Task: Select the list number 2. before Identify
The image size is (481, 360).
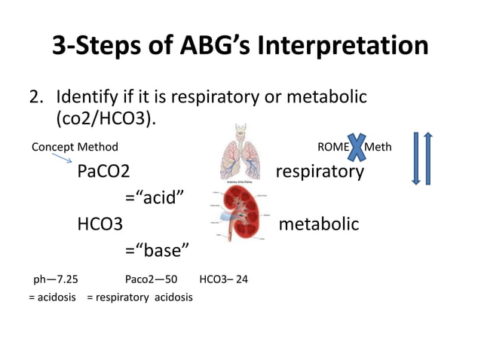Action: tap(37, 97)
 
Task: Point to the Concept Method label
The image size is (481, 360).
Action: tap(75, 147)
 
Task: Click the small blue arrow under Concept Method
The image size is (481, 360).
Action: tap(63, 157)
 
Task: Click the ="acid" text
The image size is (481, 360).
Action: tap(155, 198)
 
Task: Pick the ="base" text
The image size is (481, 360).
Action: tap(156, 250)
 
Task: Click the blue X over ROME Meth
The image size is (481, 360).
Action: tap(357, 145)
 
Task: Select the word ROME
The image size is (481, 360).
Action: tap(332, 147)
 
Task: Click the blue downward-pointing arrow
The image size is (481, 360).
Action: tap(415, 158)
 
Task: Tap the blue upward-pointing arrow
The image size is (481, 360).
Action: tap(428, 158)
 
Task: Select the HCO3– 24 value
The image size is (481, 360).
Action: tap(223, 279)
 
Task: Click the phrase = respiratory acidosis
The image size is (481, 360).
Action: tap(139, 297)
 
